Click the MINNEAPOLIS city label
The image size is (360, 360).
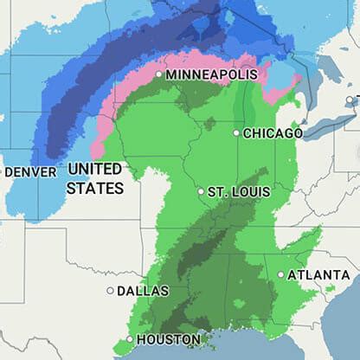211,75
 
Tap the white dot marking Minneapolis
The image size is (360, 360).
159,75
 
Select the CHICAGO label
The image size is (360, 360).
273,133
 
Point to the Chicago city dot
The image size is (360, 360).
236,133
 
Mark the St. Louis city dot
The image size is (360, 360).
201,191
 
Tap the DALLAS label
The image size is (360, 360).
143,291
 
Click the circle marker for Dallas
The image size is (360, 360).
110,291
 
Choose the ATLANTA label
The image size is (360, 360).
319,274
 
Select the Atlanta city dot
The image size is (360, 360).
281,274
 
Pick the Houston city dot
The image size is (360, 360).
130,339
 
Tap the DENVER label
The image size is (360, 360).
30,172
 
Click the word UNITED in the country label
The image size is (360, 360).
94,168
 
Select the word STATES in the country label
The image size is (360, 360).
94,187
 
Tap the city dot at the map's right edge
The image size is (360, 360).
350,100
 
